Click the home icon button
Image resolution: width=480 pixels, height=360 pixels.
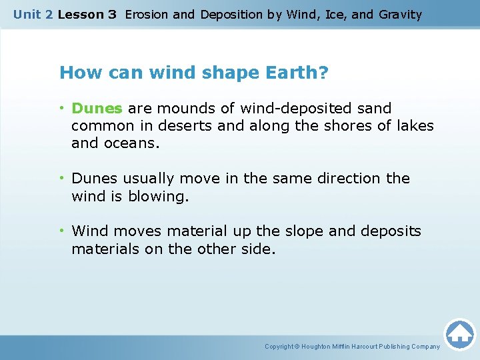(x=459, y=333)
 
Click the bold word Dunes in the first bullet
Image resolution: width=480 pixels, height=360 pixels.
(x=97, y=108)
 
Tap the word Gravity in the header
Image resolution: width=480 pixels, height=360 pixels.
(x=399, y=14)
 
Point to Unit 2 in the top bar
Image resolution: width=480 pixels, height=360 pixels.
(x=33, y=14)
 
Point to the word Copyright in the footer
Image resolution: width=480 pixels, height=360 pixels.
(x=279, y=347)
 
